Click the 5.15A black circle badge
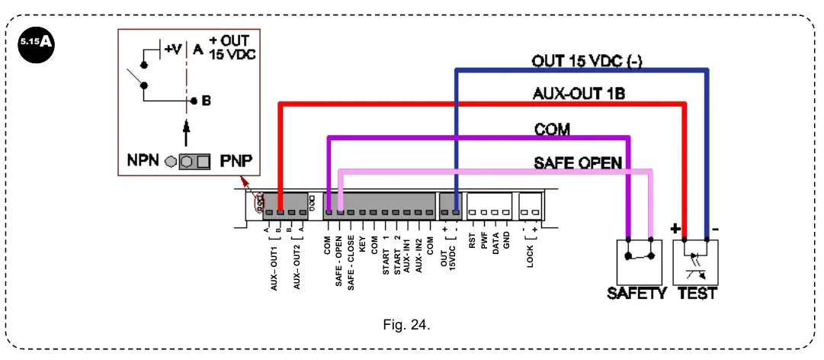(x=37, y=41)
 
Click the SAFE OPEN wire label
(x=578, y=162)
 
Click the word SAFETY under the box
(x=636, y=294)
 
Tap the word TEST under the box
(x=697, y=294)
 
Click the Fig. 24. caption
(x=407, y=325)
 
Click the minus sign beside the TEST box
(x=715, y=228)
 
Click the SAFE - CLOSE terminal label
(x=351, y=262)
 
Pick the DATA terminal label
(x=495, y=248)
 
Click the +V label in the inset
(x=173, y=50)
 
